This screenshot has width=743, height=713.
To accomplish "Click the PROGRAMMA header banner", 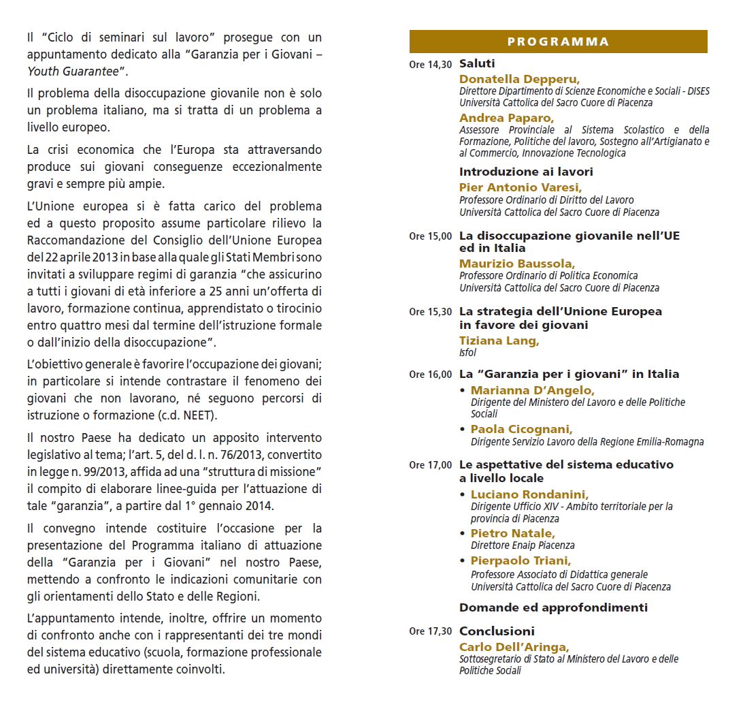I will (x=558, y=42).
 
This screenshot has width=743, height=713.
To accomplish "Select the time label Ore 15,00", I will (x=430, y=237).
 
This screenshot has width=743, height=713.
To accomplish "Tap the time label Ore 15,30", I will (x=430, y=313).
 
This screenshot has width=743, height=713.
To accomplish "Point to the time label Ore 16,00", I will (x=430, y=375).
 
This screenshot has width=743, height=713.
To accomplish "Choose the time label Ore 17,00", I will (x=430, y=466).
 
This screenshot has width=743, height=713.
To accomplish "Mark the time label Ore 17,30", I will (x=430, y=632).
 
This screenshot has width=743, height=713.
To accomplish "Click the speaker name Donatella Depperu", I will (x=519, y=79).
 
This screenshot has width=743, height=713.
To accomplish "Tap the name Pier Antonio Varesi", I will (x=521, y=187).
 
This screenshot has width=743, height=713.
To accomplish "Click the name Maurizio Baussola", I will (x=516, y=264).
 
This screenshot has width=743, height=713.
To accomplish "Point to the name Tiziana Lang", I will (x=499, y=340).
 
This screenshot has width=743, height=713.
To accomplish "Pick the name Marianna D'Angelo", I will (x=532, y=390).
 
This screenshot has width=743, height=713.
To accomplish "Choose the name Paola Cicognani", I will (x=521, y=429).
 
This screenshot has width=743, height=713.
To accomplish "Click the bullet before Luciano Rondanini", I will (x=463, y=495).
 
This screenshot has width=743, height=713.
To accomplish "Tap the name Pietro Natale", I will (x=512, y=533).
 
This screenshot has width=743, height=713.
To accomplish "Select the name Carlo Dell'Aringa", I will (x=514, y=647).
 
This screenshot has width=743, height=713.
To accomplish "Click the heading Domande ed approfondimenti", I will (x=553, y=607).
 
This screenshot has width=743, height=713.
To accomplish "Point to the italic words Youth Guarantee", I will (x=73, y=71).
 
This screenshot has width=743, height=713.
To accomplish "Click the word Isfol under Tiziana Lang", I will (x=468, y=353).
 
